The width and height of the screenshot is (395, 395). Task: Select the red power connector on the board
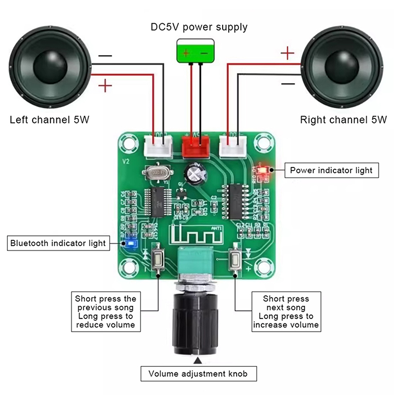click(x=195, y=146)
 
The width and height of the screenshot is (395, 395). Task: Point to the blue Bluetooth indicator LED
click(x=131, y=243)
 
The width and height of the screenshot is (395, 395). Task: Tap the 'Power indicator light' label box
click(x=331, y=170)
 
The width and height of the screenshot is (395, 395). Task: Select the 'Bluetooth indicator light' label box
click(x=58, y=243)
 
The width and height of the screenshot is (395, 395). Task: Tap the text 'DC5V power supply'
click(x=199, y=27)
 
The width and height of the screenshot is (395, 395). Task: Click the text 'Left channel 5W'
click(x=50, y=120)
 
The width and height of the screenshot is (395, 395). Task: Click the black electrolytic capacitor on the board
click(x=194, y=173)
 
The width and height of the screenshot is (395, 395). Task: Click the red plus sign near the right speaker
click(x=287, y=53)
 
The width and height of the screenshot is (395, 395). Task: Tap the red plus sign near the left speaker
click(x=105, y=86)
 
